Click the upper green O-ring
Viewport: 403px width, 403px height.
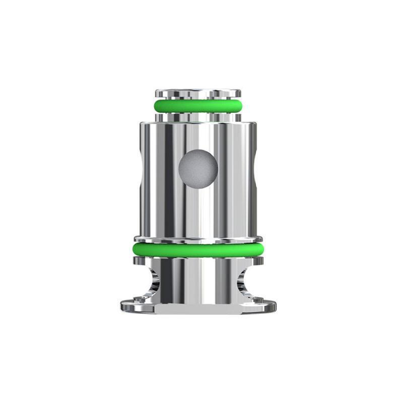(x=197, y=105)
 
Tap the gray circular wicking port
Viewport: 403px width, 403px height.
(x=198, y=168)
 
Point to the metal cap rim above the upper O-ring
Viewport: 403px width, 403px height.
(x=197, y=93)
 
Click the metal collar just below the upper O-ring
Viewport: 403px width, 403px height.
(x=197, y=117)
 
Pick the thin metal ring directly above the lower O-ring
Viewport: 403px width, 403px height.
(x=197, y=238)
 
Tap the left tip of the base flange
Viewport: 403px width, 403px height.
(x=122, y=305)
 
